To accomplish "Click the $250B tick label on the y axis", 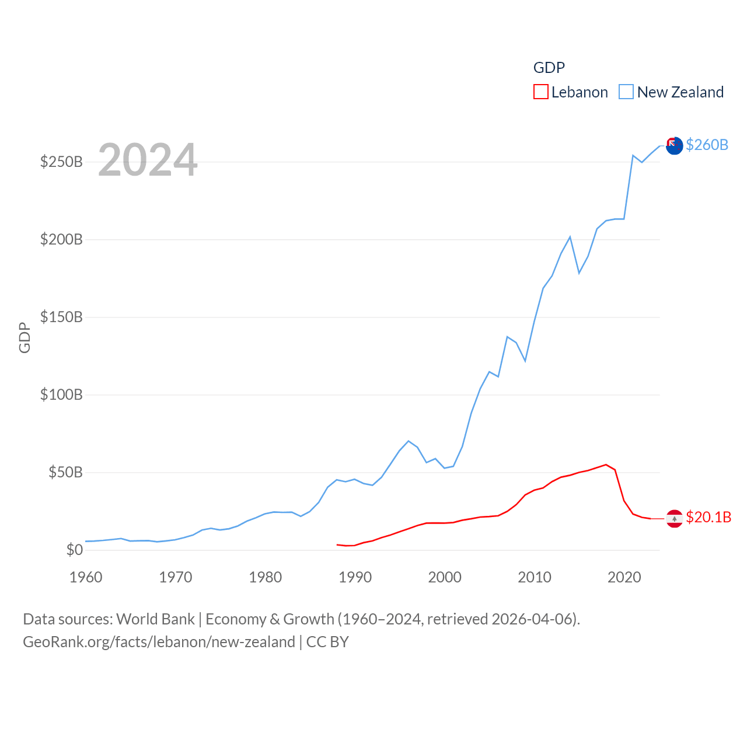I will [61, 162].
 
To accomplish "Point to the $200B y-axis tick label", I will [61, 239].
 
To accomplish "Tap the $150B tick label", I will [61, 317].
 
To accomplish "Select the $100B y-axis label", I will [61, 395].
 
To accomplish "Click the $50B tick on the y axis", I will [65, 472].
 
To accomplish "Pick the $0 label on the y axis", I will [75, 550].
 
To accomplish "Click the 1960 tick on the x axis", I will [86, 577].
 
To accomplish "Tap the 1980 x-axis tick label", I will [266, 577].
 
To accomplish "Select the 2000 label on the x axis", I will [445, 577].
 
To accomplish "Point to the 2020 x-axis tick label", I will [624, 577].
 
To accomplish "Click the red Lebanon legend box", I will [541, 92].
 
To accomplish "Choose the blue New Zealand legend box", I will [626, 92].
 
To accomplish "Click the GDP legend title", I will [549, 68].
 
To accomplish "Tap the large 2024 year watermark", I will [148, 160].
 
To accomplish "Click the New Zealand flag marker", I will [674, 145].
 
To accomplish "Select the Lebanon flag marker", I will [674, 518].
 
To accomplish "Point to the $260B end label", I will [707, 145].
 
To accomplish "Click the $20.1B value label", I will [708, 517].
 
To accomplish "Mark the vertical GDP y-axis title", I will [25, 337].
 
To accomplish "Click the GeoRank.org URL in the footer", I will [159, 642].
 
